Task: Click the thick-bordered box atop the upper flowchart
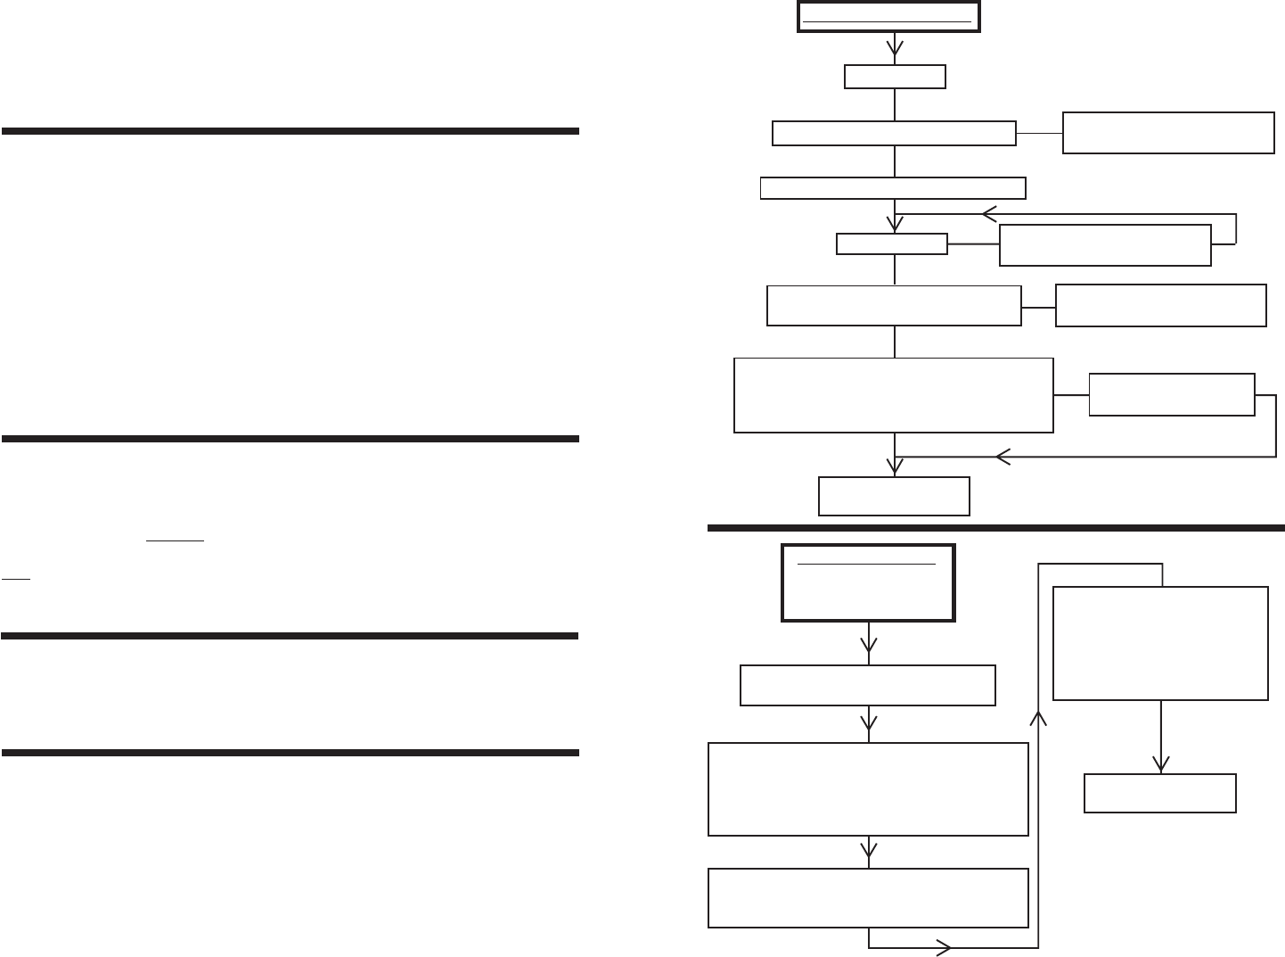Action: (x=888, y=18)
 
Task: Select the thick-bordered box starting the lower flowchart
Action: (x=868, y=582)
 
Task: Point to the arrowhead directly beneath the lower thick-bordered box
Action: (x=869, y=645)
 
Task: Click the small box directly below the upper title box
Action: (x=895, y=77)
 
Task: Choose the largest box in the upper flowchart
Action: (x=893, y=395)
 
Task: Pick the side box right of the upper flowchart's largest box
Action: (x=1171, y=394)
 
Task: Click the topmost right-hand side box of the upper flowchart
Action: (x=1167, y=133)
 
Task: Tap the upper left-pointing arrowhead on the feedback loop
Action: (x=989, y=214)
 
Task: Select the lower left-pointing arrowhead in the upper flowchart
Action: (x=1003, y=457)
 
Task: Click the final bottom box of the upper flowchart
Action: (x=894, y=496)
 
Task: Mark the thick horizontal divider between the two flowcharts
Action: (x=995, y=527)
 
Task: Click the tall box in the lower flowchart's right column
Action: (x=1160, y=643)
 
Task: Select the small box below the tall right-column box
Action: (x=1159, y=793)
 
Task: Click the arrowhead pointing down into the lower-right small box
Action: (x=1160, y=763)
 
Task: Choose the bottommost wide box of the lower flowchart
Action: (x=868, y=897)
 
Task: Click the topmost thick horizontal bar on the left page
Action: (x=291, y=131)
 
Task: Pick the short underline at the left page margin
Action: (x=16, y=580)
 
